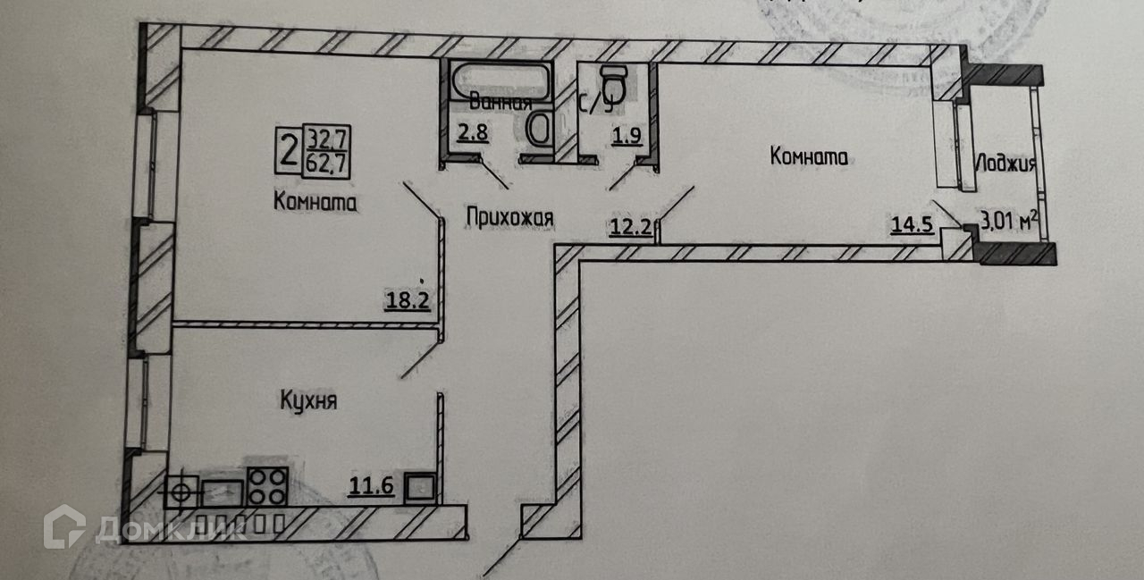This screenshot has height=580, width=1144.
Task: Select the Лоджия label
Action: point(1005,164)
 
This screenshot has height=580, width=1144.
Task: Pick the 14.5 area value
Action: point(912,224)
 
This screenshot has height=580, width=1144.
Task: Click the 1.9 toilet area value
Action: point(622,136)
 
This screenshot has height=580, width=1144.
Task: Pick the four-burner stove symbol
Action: point(266,489)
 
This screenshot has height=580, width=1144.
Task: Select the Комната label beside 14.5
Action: point(808,156)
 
